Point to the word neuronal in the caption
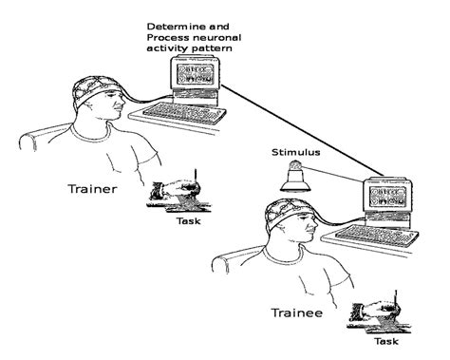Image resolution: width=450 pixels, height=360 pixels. (x=224, y=36)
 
